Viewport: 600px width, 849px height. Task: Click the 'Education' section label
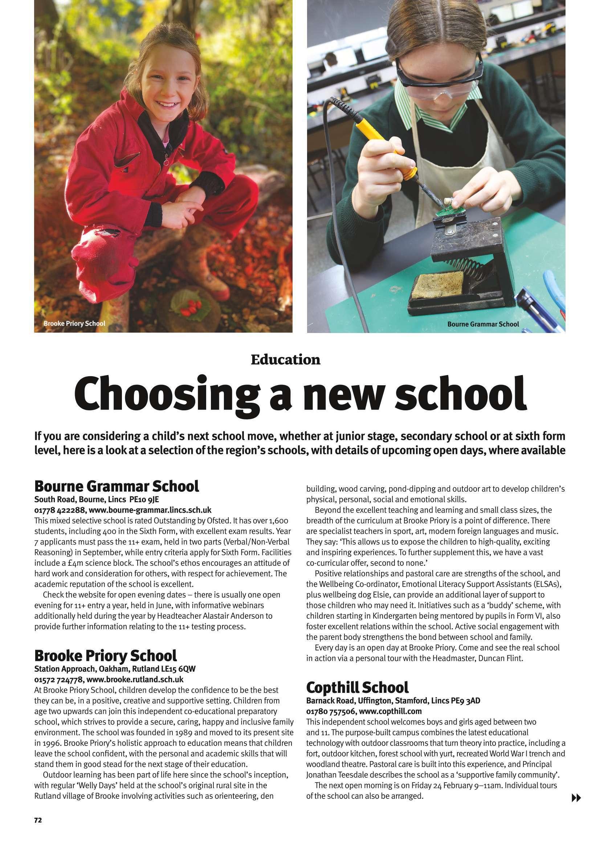[285, 360]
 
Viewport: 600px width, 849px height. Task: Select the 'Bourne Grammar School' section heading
[117, 486]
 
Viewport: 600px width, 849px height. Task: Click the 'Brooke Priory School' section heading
[105, 655]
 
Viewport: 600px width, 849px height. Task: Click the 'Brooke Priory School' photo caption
[74, 324]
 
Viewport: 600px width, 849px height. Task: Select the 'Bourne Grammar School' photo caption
[483, 324]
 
